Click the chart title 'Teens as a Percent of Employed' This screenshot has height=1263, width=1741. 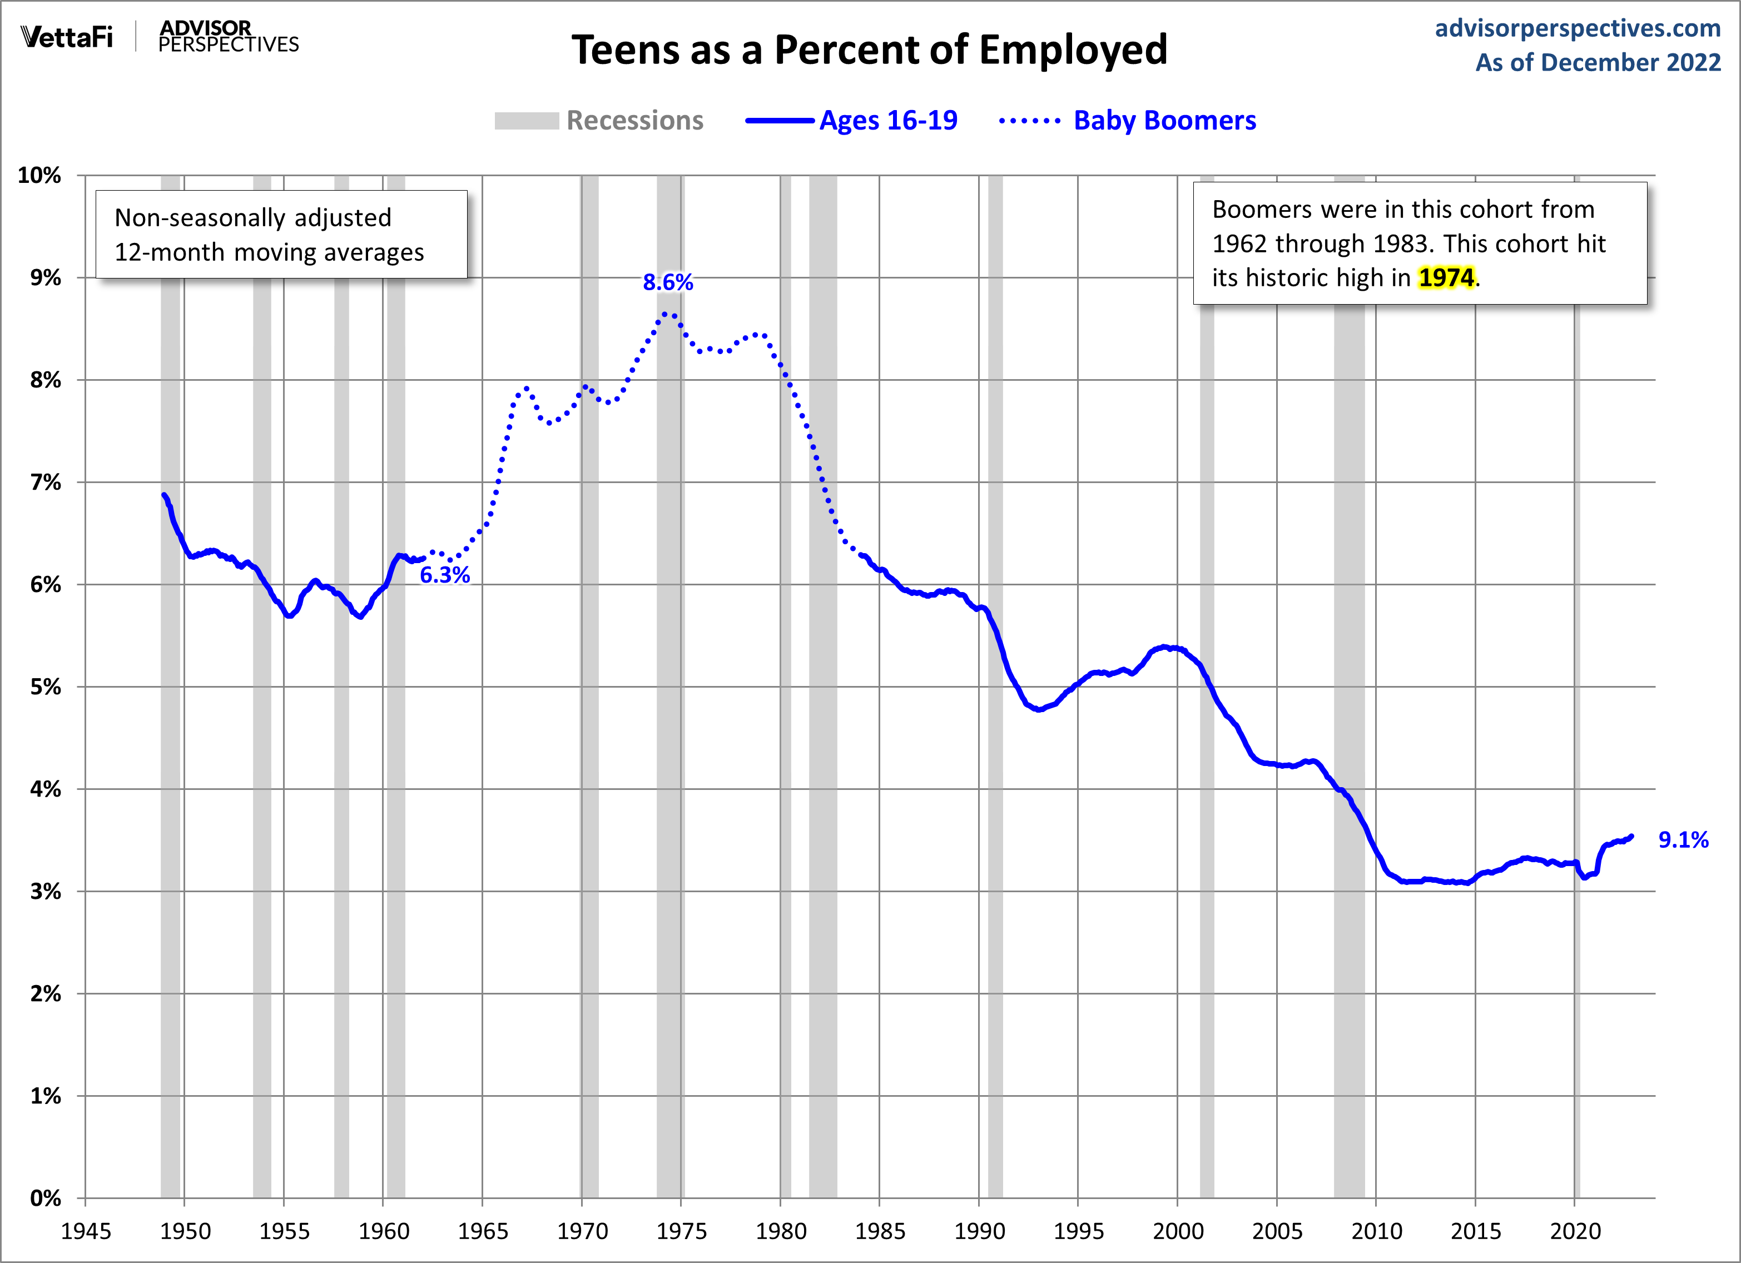[869, 51]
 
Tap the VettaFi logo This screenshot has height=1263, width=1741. [67, 37]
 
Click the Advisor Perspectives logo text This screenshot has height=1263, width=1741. [228, 37]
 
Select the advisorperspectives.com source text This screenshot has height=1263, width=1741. [1578, 28]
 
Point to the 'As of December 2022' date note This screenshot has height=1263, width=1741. [1598, 63]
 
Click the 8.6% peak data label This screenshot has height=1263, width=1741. [668, 282]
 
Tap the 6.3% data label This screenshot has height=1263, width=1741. [444, 575]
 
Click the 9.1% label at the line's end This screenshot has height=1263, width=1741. [1683, 839]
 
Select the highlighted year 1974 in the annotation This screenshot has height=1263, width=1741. [1446, 278]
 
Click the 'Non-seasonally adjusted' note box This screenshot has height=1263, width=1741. [281, 234]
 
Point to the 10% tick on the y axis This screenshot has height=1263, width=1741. [40, 175]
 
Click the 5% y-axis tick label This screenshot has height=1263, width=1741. [45, 687]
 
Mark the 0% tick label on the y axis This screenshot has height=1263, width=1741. [45, 1198]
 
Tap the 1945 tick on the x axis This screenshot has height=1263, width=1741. [86, 1231]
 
